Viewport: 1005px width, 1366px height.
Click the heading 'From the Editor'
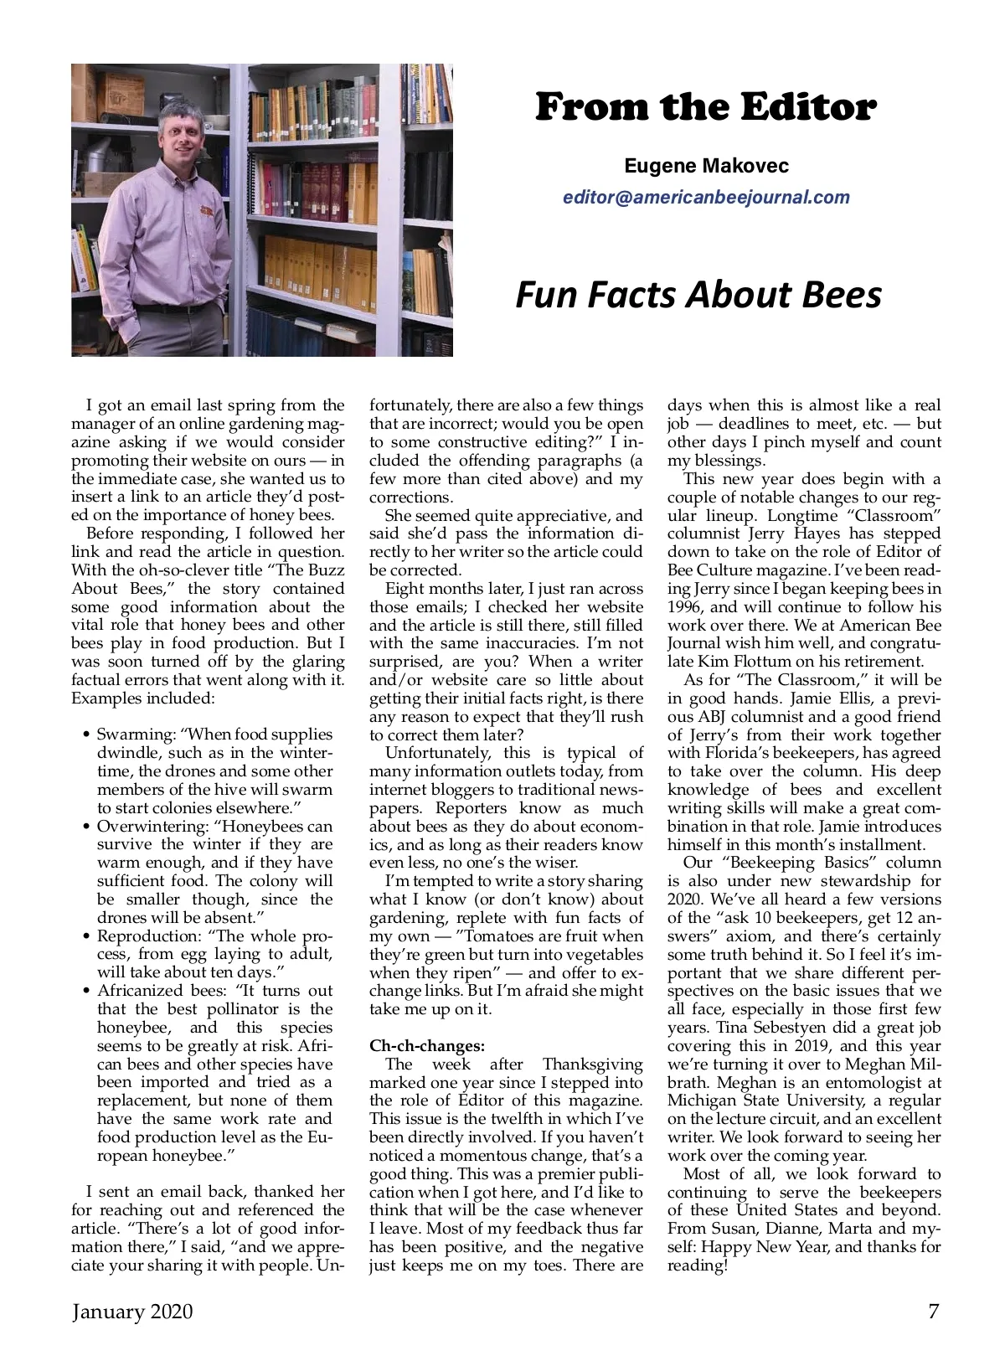(x=705, y=107)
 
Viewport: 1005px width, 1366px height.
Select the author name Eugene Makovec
(x=706, y=166)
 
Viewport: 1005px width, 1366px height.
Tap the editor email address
(x=706, y=198)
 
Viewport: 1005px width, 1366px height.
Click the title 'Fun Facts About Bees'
(x=698, y=294)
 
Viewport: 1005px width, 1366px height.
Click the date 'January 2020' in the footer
(x=132, y=1311)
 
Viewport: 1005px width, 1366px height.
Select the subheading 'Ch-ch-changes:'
(x=427, y=1046)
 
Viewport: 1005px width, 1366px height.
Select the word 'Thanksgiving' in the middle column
(x=592, y=1064)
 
